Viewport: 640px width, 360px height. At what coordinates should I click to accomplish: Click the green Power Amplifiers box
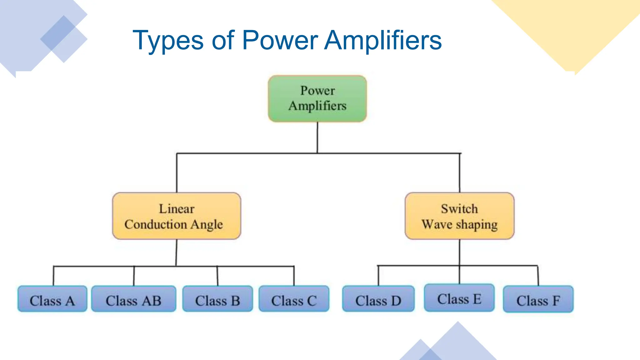point(317,98)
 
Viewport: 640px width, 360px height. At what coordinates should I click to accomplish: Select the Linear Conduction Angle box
point(177,216)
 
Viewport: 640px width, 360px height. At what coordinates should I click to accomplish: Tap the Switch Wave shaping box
point(459,216)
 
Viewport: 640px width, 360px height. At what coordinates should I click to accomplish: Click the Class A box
point(52,299)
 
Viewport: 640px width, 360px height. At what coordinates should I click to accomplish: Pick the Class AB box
point(133,299)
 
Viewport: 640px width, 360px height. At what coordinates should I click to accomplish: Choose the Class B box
point(217,299)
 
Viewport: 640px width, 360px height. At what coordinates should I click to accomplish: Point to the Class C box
point(294,299)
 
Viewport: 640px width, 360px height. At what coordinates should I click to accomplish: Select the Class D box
point(378,299)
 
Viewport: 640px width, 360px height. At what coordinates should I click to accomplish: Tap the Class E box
point(459,298)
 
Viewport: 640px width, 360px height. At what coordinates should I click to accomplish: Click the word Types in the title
point(168,41)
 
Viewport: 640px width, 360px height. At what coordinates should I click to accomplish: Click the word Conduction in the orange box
point(155,224)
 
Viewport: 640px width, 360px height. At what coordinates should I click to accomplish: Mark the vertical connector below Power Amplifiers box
point(317,137)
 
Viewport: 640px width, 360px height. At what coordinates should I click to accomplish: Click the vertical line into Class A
point(53,276)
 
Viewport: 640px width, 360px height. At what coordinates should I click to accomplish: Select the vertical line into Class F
point(538,276)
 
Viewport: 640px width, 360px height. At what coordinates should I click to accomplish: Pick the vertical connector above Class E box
point(459,275)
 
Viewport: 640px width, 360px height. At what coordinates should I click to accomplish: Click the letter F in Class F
point(556,301)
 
